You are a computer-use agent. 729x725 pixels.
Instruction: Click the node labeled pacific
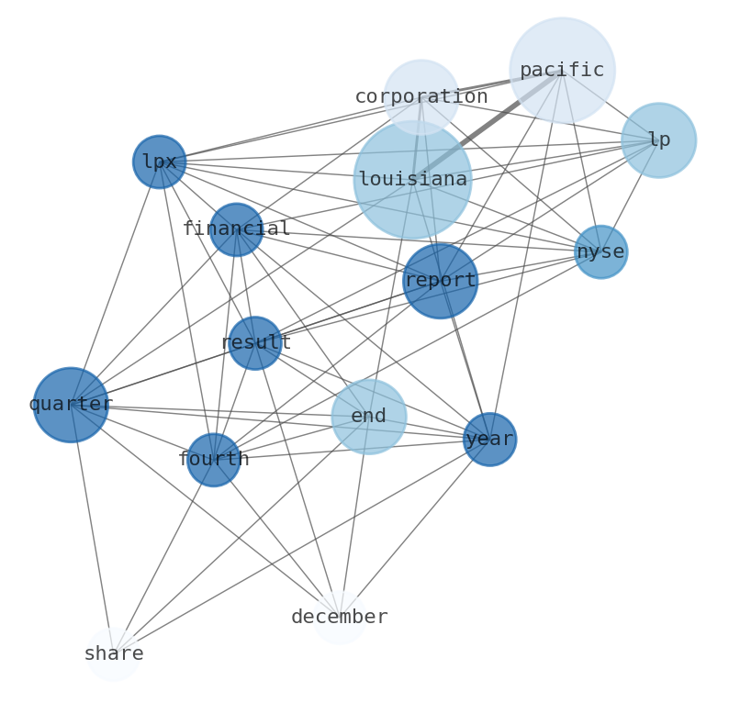[x=562, y=70]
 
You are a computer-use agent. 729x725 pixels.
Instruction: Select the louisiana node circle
[x=412, y=180]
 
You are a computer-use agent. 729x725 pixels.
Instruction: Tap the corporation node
[x=421, y=97]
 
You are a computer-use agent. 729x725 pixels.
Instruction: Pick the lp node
[x=658, y=140]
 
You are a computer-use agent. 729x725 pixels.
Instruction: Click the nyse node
[x=600, y=251]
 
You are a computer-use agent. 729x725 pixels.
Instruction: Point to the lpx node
[x=160, y=162]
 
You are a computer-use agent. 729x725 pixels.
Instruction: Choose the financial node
[x=236, y=229]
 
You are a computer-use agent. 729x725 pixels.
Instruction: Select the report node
[x=440, y=281]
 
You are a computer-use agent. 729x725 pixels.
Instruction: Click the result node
[x=255, y=343]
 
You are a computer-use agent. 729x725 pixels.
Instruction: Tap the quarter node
[x=71, y=405]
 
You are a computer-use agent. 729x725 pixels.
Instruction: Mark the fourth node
[x=213, y=460]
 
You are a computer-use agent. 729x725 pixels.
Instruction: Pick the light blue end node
[x=368, y=417]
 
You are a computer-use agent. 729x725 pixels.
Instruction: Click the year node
[x=489, y=440]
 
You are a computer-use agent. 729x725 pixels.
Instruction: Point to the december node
[x=340, y=618]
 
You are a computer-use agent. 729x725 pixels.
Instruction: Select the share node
[x=113, y=654]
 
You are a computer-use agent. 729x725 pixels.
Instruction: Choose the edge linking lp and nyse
[x=630, y=195]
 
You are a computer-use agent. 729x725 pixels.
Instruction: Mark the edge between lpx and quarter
[x=115, y=284]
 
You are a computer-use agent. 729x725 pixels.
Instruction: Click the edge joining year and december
[x=415, y=529]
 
